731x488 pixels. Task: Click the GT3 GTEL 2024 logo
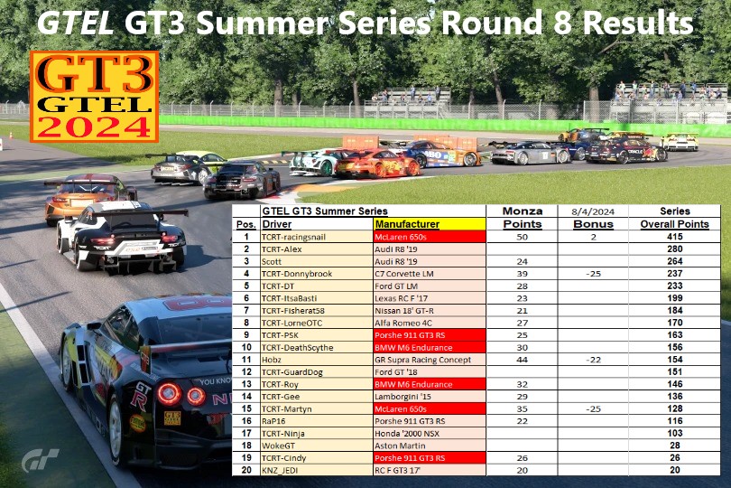click(94, 97)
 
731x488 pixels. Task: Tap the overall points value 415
click(674, 236)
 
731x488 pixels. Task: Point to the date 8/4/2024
click(592, 211)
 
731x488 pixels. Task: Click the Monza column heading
click(522, 211)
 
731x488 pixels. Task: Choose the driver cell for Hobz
click(273, 359)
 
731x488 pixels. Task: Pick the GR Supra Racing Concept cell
click(421, 359)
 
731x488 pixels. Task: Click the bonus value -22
click(592, 359)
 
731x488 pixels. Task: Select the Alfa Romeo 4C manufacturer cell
click(403, 322)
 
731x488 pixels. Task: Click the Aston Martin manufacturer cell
click(400, 446)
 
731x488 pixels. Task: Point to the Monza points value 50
click(522, 236)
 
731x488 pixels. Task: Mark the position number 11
click(245, 359)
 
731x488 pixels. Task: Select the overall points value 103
click(674, 433)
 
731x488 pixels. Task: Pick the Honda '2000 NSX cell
click(408, 433)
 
